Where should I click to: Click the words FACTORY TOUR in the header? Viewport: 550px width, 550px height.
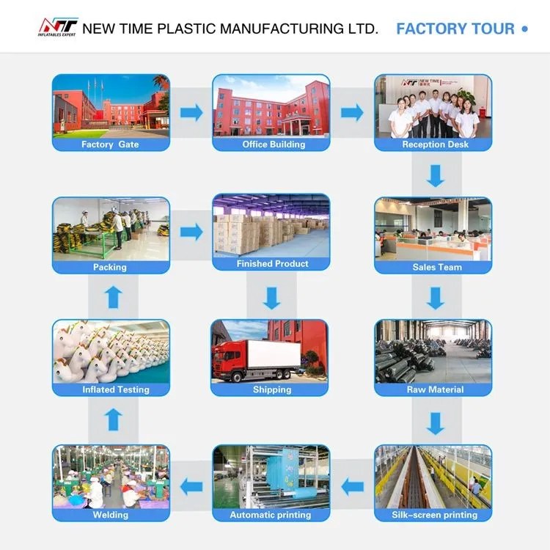point(455,29)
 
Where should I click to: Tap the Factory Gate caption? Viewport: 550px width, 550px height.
point(110,144)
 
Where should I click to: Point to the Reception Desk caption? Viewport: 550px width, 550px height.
point(434,144)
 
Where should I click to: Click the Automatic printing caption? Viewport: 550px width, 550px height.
point(271,515)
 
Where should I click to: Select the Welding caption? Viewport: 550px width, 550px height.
point(111,515)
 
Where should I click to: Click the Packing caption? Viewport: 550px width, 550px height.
point(110,267)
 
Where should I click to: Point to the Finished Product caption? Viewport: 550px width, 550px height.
point(273,263)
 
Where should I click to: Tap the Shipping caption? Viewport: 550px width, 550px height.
point(271,389)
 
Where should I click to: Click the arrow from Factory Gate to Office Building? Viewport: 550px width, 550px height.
point(191,112)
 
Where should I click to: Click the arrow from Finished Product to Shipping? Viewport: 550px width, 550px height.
point(272,298)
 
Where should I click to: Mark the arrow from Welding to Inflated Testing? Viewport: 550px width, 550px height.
point(111,420)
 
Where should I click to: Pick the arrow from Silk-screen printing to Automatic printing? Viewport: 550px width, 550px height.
point(353,484)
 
